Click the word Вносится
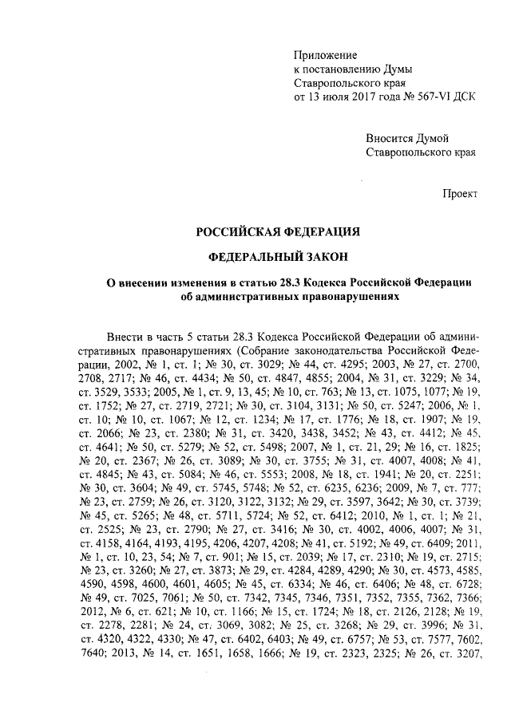point(388,137)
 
